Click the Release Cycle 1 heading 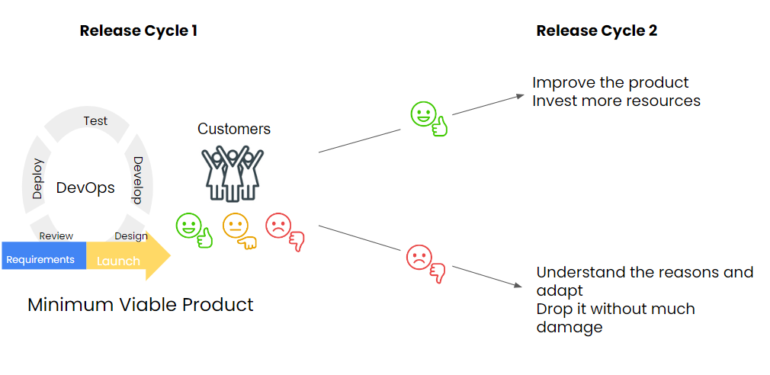point(139,31)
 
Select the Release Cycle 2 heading point(596,31)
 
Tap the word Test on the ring point(95,120)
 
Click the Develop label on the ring point(138,180)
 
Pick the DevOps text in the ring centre point(85,188)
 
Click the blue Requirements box point(42,260)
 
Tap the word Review point(56,236)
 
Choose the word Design point(130,236)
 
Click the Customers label point(234,129)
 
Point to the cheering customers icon point(233,174)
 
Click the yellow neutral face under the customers point(236,226)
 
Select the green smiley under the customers point(188,226)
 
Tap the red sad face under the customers point(279,226)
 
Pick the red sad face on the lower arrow point(419,258)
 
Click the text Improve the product point(611,82)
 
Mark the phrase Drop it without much point(616,309)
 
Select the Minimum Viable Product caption point(140,305)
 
